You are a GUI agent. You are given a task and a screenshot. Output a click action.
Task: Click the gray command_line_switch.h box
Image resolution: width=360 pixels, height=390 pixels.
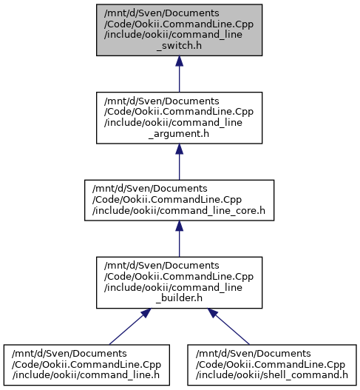click(179, 30)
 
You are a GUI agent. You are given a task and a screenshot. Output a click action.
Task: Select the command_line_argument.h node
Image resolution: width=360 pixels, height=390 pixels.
click(179, 118)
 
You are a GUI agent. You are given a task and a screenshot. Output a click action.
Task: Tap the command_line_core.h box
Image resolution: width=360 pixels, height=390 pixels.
click(179, 201)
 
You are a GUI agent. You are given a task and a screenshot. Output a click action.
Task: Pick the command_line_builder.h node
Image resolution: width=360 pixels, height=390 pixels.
click(179, 283)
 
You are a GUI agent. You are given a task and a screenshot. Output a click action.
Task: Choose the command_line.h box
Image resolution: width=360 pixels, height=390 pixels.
click(86, 365)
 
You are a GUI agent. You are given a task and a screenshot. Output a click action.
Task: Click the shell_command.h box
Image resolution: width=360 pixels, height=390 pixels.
click(272, 365)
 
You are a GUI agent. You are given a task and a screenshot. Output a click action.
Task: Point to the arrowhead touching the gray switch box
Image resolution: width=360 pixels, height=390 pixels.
click(179, 61)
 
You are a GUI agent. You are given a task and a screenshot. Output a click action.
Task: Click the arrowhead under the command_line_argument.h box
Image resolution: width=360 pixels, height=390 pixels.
click(179, 149)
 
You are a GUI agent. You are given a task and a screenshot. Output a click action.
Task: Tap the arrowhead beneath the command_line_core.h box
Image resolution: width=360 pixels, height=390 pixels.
click(179, 226)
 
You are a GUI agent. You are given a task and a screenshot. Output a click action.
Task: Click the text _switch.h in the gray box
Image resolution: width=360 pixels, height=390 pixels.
click(179, 46)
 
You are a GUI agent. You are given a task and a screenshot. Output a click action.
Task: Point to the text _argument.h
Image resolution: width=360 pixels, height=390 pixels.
click(179, 134)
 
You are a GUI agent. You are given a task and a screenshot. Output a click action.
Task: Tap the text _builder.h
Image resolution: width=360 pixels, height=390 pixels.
click(179, 298)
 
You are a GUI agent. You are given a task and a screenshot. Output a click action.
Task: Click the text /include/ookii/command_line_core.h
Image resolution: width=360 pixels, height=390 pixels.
click(179, 211)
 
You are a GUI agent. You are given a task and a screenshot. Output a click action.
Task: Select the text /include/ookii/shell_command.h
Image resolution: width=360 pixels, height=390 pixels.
click(272, 375)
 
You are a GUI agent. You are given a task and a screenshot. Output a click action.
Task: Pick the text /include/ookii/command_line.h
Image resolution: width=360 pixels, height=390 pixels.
click(86, 375)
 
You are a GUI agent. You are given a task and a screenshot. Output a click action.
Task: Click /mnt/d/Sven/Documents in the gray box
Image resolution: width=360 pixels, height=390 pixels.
click(162, 13)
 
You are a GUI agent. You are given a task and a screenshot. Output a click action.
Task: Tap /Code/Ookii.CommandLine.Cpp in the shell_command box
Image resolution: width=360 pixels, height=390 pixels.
click(271, 365)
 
